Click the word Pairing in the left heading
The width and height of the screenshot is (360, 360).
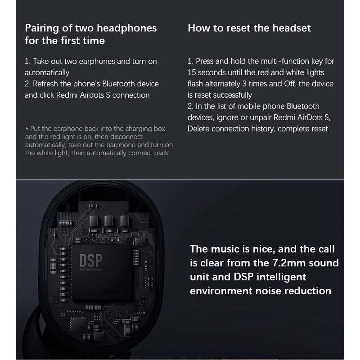click(x=41, y=28)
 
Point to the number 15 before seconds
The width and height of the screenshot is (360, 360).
click(x=192, y=72)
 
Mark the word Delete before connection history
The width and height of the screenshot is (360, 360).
click(x=198, y=129)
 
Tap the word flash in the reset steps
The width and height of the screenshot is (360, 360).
click(x=196, y=84)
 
